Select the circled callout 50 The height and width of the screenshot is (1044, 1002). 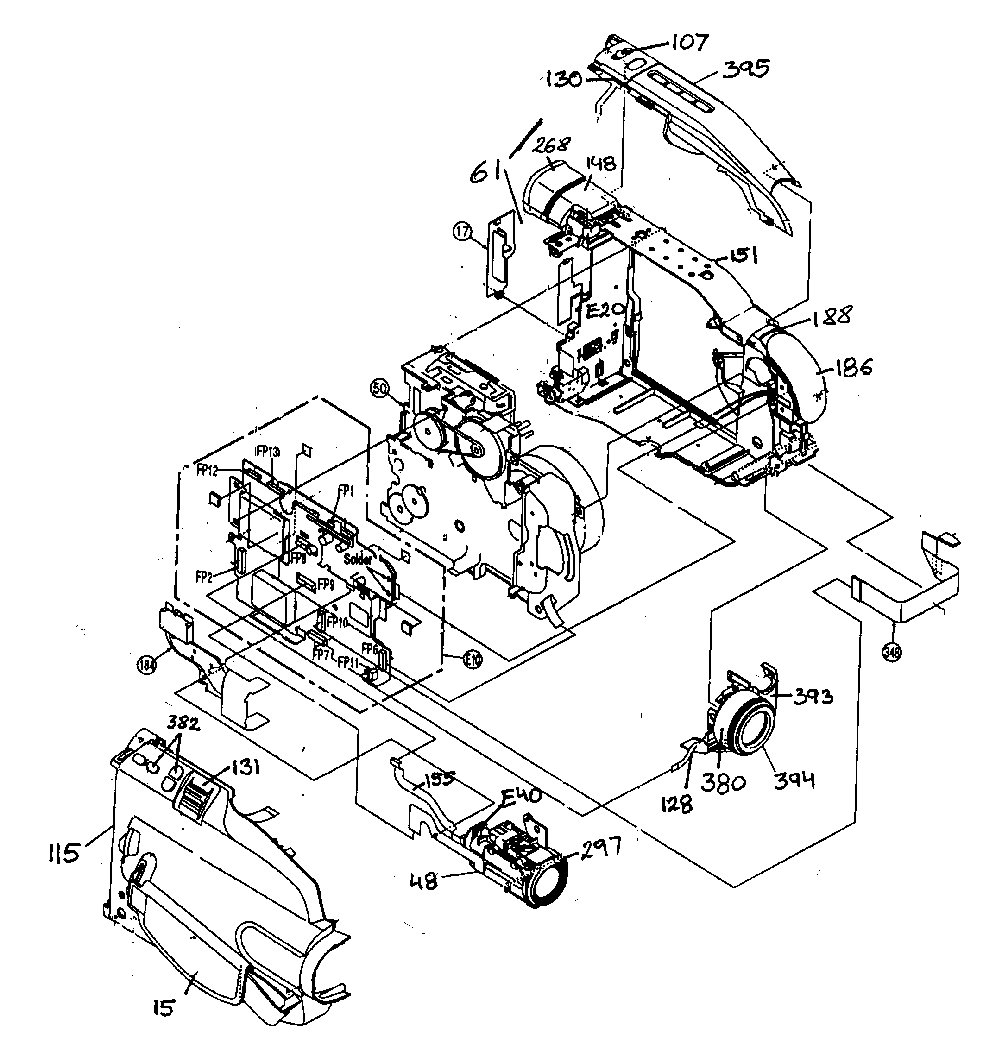380,388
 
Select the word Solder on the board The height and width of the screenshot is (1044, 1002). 358,560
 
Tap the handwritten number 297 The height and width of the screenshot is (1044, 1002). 600,846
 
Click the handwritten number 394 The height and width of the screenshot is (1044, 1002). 794,781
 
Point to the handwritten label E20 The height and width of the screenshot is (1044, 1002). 604,310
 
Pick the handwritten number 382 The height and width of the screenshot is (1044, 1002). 184,724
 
